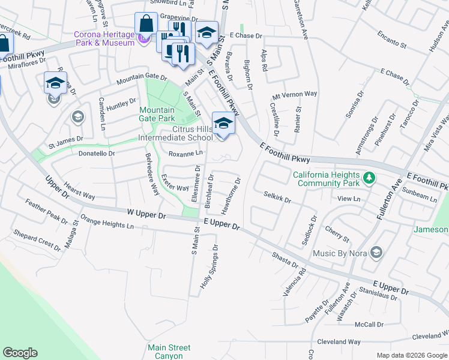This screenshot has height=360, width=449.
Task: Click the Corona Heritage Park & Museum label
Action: point(104,38)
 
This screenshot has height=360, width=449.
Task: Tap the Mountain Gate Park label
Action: point(157,114)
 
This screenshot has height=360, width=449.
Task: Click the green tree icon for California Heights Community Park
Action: point(370,178)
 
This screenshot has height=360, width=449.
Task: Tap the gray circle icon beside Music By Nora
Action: point(376,252)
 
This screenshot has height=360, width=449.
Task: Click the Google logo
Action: point(20,353)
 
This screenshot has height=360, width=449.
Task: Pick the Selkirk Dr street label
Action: point(277,197)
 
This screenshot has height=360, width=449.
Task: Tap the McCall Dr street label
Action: point(369,325)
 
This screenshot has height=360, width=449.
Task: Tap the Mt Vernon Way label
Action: point(294,94)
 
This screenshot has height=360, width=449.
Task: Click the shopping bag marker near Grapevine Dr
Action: point(146,25)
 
